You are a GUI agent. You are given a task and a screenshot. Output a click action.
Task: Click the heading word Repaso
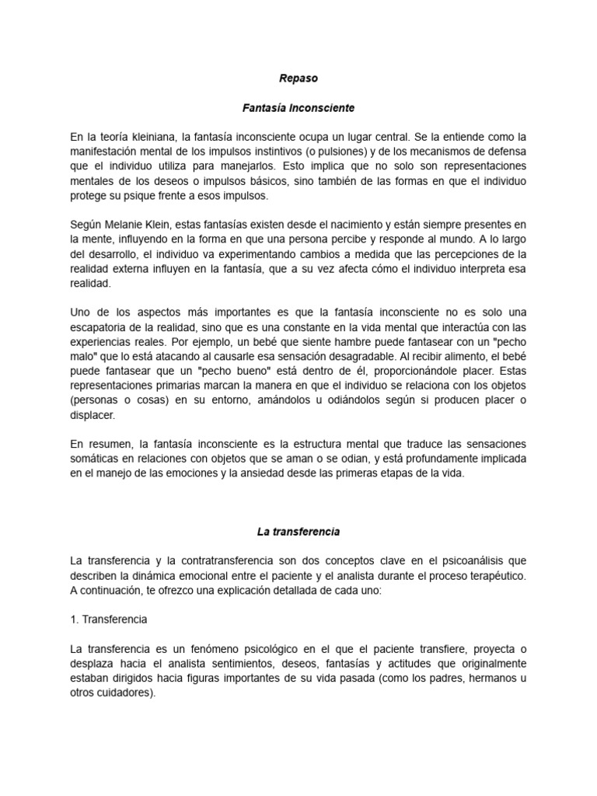298,79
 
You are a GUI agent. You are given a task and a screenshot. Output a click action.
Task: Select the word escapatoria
101,327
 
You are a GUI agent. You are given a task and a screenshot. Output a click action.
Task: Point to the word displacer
93,416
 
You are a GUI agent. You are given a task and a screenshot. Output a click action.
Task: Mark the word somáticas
96,459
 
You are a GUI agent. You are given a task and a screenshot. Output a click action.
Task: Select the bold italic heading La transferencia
298,532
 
